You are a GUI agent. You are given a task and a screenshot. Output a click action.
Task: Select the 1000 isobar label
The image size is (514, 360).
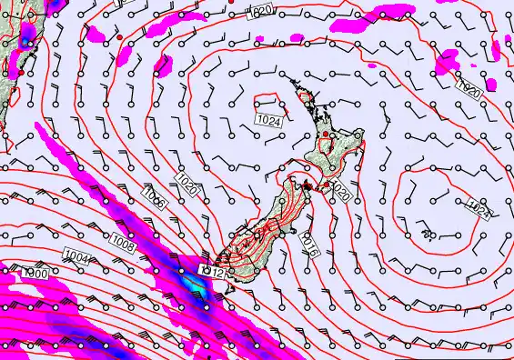pyautogui.click(x=36, y=273)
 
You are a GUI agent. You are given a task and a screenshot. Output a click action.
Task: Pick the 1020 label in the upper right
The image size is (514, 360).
pyautogui.click(x=469, y=89)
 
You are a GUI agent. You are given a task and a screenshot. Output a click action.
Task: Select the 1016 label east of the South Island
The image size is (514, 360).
pyautogui.click(x=309, y=244)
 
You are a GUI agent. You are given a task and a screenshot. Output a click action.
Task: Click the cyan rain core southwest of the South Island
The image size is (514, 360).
pyautogui.click(x=192, y=284)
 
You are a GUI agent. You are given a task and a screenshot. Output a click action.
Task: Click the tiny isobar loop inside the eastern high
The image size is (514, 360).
pyautogui.click(x=428, y=234)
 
